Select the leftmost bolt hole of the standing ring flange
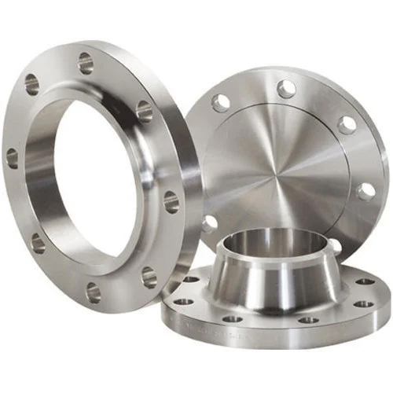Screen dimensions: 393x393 12,157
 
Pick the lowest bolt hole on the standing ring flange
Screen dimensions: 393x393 94,292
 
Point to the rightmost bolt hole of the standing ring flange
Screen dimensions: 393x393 171,202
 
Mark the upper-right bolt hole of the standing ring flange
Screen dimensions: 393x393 144,111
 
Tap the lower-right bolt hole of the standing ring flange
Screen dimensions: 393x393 149,275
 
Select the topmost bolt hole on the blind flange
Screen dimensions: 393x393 286,89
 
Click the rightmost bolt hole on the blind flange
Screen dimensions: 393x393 365,191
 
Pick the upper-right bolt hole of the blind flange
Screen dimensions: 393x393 346,124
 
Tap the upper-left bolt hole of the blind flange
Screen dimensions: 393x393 222,102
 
